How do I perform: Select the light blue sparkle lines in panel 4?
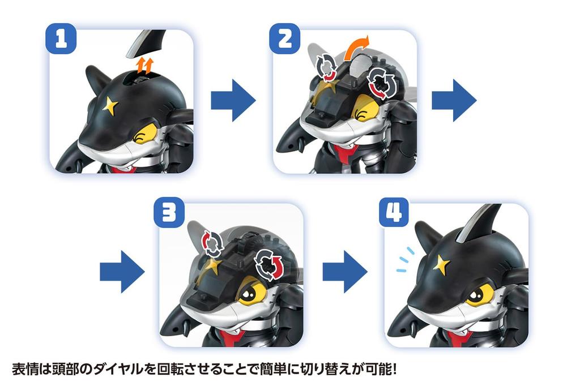pyautogui.click(x=406, y=258)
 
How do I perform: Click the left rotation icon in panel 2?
pyautogui.click(x=326, y=66)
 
